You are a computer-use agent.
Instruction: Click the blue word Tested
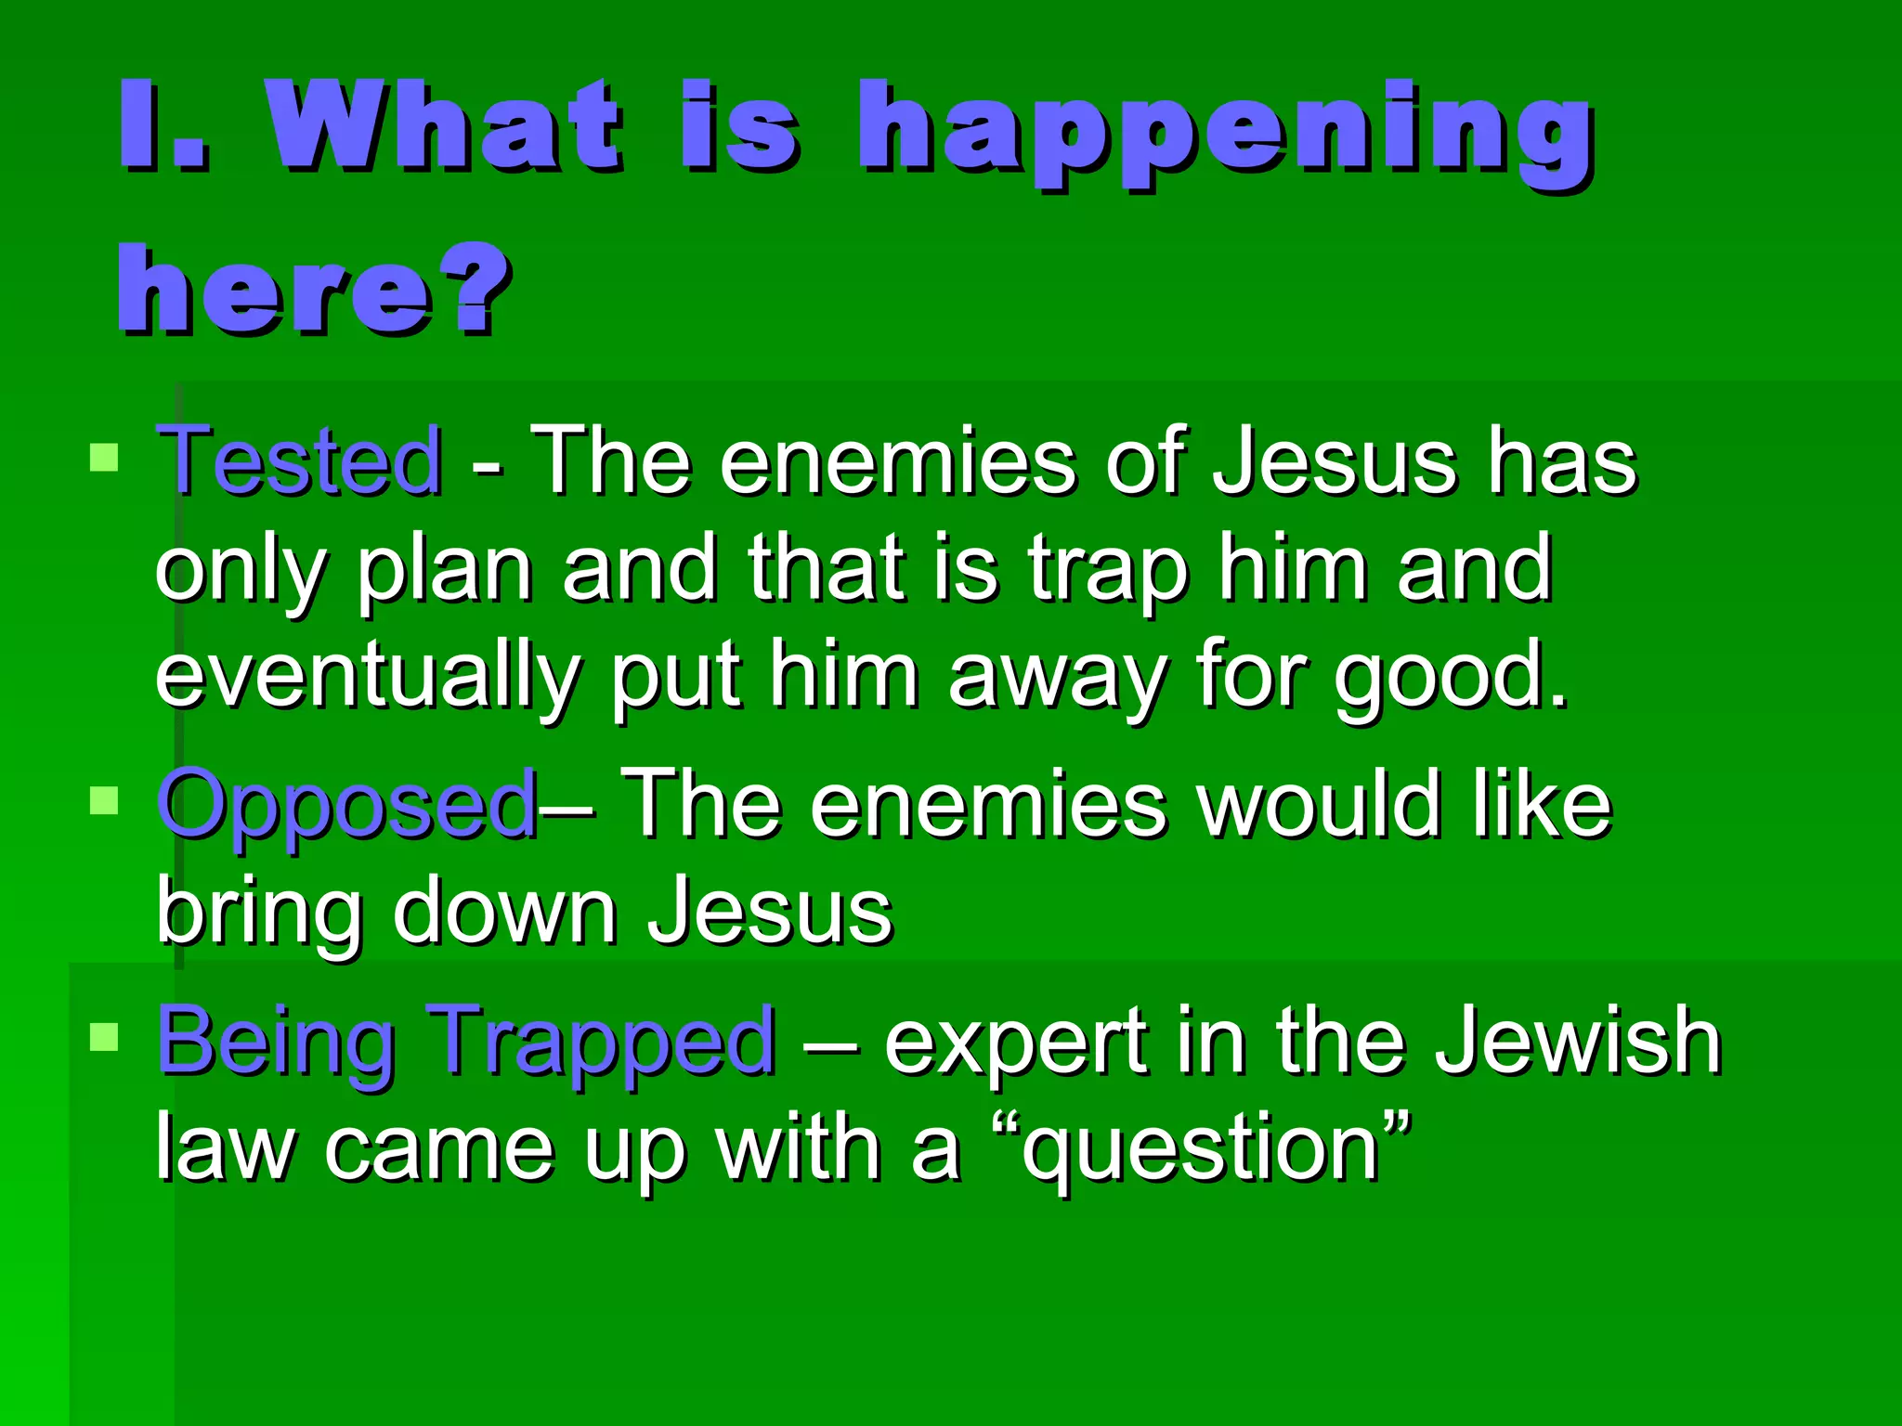pyautogui.click(x=299, y=460)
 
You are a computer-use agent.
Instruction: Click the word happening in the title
pyautogui.click(x=1226, y=130)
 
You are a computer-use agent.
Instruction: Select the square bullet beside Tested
pyautogui.click(x=104, y=458)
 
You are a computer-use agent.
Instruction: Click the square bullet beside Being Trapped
pyautogui.click(x=104, y=1036)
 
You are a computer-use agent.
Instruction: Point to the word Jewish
pyautogui.click(x=1579, y=1042)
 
